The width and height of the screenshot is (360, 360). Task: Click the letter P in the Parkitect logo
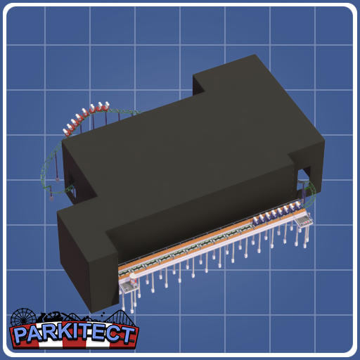tap(21, 335)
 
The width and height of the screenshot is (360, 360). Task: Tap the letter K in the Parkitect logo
tap(62, 333)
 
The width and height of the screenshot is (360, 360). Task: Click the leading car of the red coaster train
tap(106, 106)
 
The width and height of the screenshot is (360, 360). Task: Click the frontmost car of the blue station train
tap(297, 205)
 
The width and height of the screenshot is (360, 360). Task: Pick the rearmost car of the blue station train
tap(256, 221)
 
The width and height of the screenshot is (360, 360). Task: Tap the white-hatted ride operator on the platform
tap(133, 279)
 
